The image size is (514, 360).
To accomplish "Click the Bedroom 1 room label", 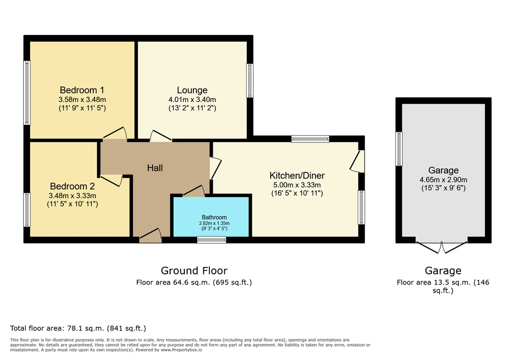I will click(82, 90).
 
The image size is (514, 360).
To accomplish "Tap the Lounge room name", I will click(192, 90).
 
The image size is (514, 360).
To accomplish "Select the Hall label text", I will click(154, 168).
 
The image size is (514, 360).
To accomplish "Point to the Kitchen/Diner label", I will click(297, 175).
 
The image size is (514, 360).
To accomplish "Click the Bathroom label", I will click(214, 217).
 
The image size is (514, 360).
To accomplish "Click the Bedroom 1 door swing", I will click(115, 134).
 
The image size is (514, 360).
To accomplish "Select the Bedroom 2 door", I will click(112, 180).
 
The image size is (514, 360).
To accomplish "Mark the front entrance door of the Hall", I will click(150, 235).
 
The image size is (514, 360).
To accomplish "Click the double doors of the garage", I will click(442, 247).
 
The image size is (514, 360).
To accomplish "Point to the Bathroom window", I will click(211, 240).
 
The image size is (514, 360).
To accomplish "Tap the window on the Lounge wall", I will click(250, 80).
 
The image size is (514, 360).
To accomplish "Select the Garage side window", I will click(399, 148).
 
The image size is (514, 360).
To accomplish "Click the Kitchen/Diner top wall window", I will click(310, 139).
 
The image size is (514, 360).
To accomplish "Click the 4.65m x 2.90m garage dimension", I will click(443, 180).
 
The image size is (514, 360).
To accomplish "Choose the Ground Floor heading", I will click(194, 271).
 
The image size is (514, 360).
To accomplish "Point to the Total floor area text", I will click(78, 328).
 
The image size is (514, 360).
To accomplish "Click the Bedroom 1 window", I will click(27, 92).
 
